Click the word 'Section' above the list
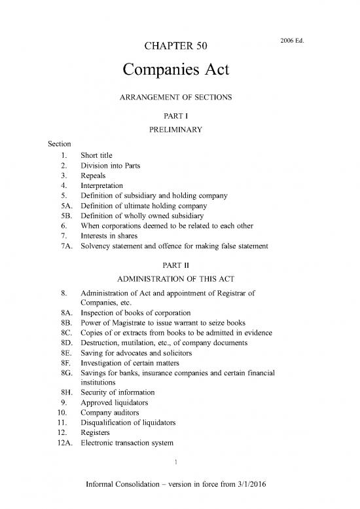coord(53,143)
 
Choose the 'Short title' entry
coord(98,156)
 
